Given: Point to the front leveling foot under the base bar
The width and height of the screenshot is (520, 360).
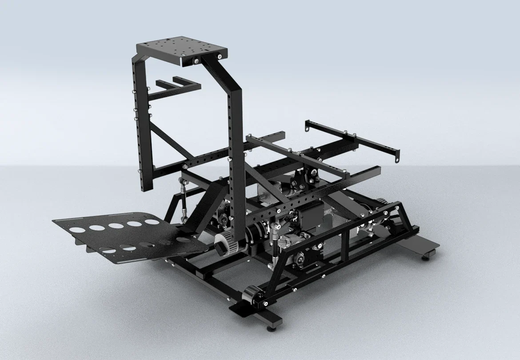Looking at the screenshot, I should point(270,329).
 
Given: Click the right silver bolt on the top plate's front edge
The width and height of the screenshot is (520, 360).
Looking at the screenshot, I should point(220,56).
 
